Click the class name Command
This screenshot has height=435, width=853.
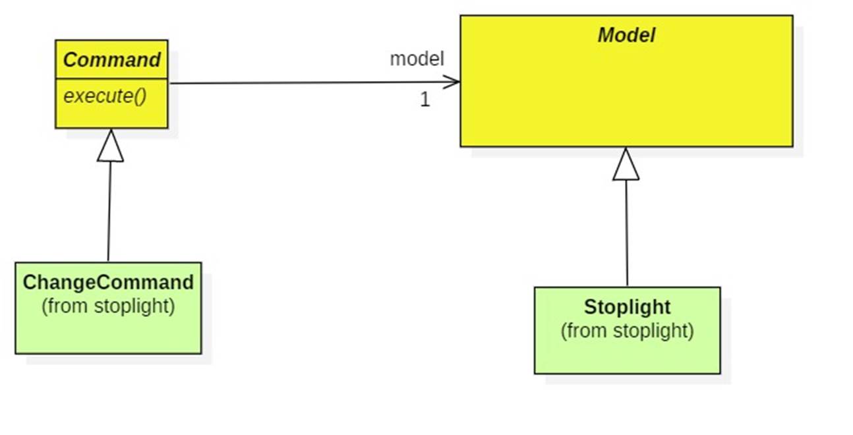pyautogui.click(x=111, y=60)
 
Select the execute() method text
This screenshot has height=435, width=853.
pyautogui.click(x=105, y=96)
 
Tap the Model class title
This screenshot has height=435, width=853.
pyautogui.click(x=626, y=36)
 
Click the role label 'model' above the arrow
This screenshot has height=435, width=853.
pyautogui.click(x=417, y=59)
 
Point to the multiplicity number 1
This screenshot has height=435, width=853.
pyautogui.click(x=425, y=100)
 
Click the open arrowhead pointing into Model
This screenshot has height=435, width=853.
pyautogui.click(x=452, y=82)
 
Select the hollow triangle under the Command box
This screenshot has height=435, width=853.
pyautogui.click(x=110, y=146)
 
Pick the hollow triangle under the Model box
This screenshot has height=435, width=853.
pyautogui.click(x=626, y=165)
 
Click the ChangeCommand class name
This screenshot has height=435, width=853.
pyautogui.click(x=108, y=283)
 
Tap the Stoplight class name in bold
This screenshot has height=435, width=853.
pyautogui.click(x=627, y=307)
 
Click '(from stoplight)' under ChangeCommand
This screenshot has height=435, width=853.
pyautogui.click(x=108, y=306)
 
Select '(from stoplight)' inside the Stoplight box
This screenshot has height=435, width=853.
pyautogui.click(x=627, y=330)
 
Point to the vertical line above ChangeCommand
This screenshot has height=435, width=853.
pyautogui.click(x=109, y=211)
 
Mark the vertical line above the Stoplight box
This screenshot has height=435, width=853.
pyautogui.click(x=626, y=231)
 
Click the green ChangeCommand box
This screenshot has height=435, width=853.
pyautogui.click(x=108, y=333)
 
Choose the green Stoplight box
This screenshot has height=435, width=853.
pyautogui.click(x=627, y=356)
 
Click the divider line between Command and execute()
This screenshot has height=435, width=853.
pyautogui.click(x=111, y=78)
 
